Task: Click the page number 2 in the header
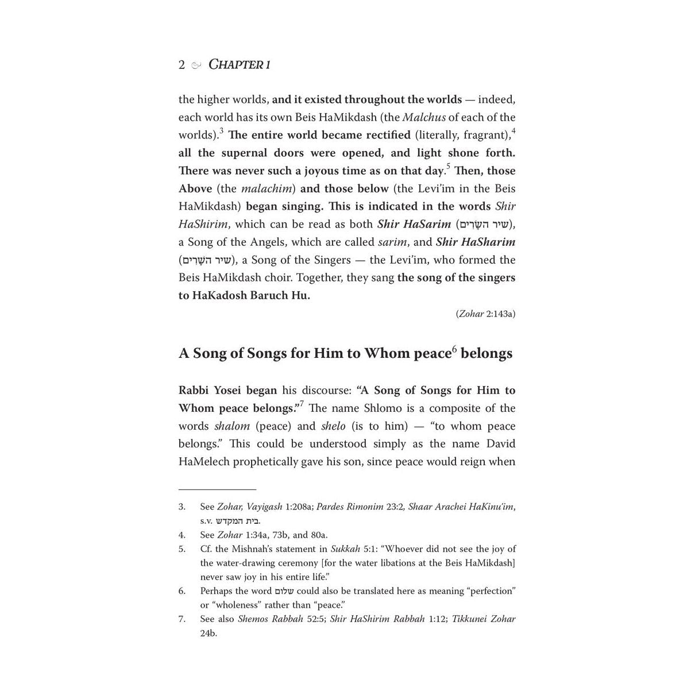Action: [182, 64]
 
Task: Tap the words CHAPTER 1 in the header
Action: [239, 64]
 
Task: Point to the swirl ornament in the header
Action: [196, 65]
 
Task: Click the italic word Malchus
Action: [424, 117]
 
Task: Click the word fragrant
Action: [485, 135]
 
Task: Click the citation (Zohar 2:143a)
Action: [485, 314]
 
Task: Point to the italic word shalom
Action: [232, 426]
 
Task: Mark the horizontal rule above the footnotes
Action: [217, 489]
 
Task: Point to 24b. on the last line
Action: [208, 634]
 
